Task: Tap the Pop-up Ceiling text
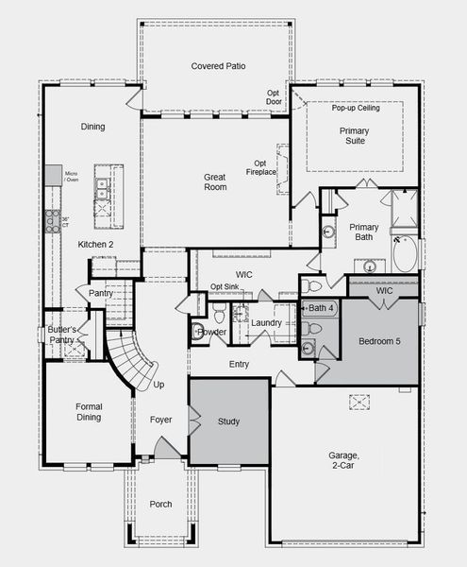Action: [x=355, y=108]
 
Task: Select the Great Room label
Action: [x=215, y=181]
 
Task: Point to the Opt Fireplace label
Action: [x=266, y=167]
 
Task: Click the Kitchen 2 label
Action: [x=96, y=245]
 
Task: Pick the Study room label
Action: [x=229, y=421]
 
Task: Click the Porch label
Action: [x=161, y=505]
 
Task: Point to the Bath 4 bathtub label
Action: [x=322, y=308]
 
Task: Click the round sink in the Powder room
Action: [x=198, y=331]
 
